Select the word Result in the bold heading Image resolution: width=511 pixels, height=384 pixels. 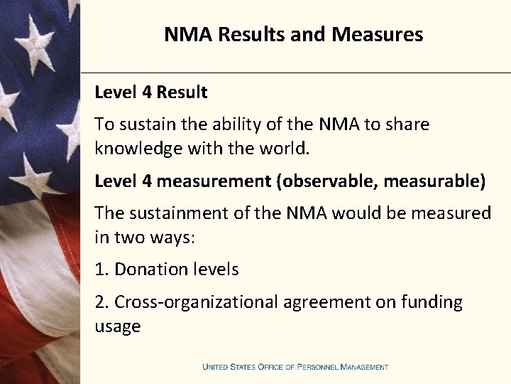click(182, 92)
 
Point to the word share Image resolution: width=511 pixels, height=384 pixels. click(407, 124)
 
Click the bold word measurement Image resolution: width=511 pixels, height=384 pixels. click(214, 181)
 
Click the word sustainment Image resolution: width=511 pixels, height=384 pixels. click(170, 213)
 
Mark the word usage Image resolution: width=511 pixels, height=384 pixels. click(118, 327)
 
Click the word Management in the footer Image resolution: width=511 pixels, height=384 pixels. click(364, 367)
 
